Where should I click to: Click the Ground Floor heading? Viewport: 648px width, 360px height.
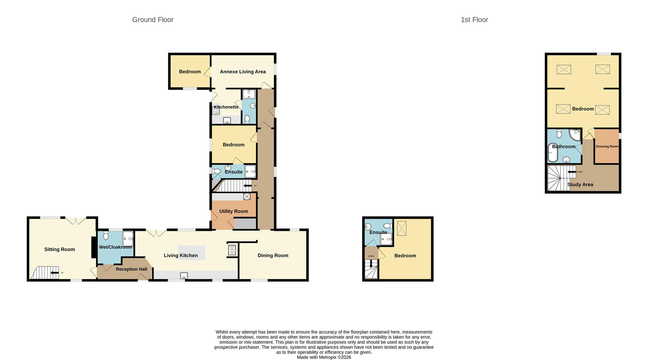point(153,20)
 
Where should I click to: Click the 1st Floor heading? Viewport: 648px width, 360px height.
point(474,20)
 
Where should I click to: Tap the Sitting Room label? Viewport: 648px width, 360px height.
point(59,250)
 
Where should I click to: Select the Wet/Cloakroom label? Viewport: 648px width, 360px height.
point(115,247)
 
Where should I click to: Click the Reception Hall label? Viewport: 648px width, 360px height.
point(131,269)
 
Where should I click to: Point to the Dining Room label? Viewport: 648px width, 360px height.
point(273,256)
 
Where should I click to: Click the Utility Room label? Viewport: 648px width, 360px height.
point(234,211)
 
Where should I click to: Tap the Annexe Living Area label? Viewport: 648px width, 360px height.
point(243,72)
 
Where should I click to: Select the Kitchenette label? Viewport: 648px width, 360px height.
point(226,107)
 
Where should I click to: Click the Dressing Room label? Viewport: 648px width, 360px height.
point(607,147)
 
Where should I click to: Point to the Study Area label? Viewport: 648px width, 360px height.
point(580,185)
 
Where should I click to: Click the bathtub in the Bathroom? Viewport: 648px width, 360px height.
point(552,153)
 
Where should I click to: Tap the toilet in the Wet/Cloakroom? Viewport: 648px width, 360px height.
point(106,235)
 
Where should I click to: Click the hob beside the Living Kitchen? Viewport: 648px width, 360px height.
point(232,250)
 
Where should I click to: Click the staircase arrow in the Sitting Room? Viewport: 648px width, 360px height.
point(54,273)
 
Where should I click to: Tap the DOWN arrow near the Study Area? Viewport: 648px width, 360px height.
point(571,172)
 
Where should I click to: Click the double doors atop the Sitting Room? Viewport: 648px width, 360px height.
point(76,221)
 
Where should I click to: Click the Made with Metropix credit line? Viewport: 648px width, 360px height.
point(324,357)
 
